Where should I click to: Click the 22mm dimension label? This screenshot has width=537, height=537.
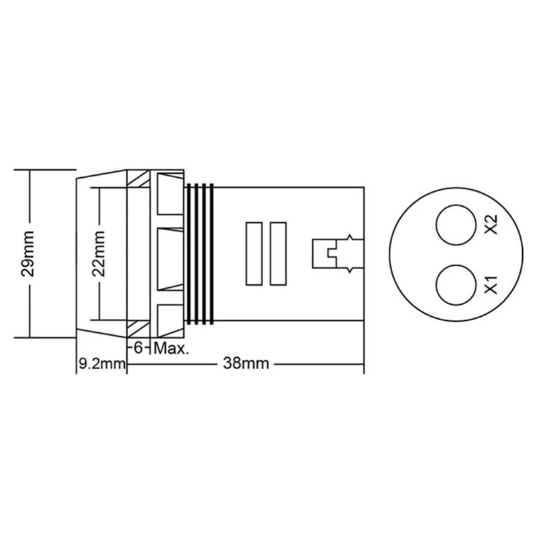pos(100,254)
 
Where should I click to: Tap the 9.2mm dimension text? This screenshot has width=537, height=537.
pos(99,364)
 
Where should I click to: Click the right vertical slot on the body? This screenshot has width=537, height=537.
pos(277,254)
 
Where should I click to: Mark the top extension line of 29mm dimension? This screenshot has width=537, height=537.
pos(44,168)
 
